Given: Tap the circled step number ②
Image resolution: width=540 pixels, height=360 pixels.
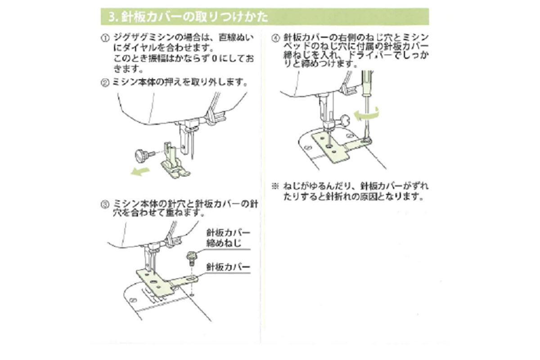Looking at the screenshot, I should [x=104, y=83].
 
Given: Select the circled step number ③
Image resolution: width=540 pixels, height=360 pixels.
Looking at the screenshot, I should [x=104, y=204].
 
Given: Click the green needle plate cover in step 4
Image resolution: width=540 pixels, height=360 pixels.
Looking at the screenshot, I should [x=333, y=146].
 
